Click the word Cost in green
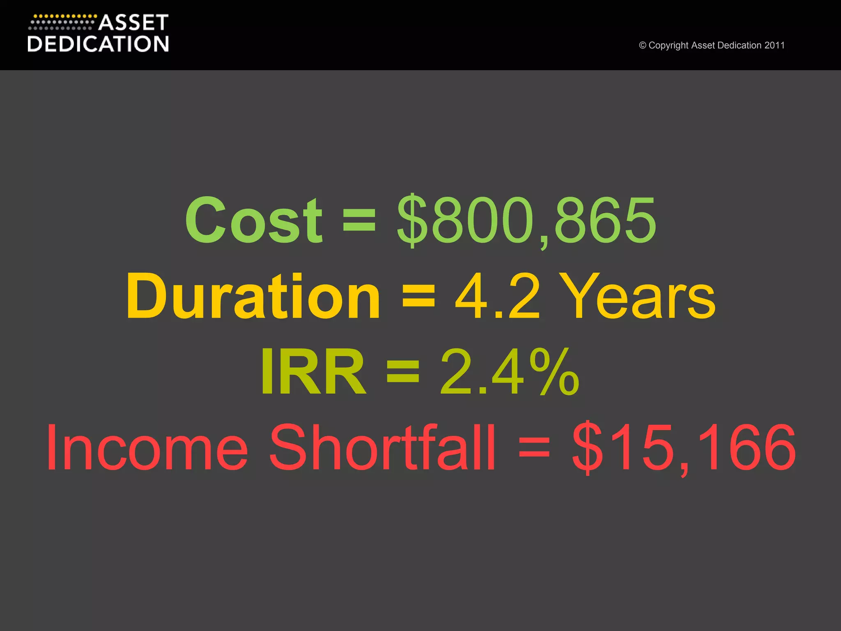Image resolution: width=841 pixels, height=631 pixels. click(x=253, y=220)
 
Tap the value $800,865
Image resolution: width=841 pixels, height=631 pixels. click(x=526, y=220)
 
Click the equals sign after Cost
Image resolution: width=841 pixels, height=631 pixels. click(x=359, y=220)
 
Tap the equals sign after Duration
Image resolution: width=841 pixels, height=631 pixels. click(x=418, y=297)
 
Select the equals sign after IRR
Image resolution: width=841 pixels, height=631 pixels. click(x=403, y=372)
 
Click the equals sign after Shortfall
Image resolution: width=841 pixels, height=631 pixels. click(x=534, y=447)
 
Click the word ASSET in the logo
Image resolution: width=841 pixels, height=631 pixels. click(x=133, y=23)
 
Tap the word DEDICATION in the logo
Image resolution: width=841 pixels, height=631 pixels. click(x=98, y=44)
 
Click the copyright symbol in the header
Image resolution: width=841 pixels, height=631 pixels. click(x=643, y=45)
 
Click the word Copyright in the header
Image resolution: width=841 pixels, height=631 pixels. click(x=669, y=45)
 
